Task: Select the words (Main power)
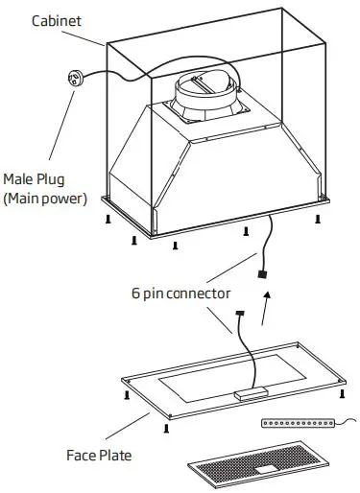(45, 199)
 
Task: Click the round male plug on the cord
(72, 80)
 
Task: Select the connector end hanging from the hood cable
(260, 274)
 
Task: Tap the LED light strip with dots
(298, 423)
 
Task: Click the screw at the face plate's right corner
(343, 392)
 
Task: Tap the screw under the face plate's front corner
(167, 429)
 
